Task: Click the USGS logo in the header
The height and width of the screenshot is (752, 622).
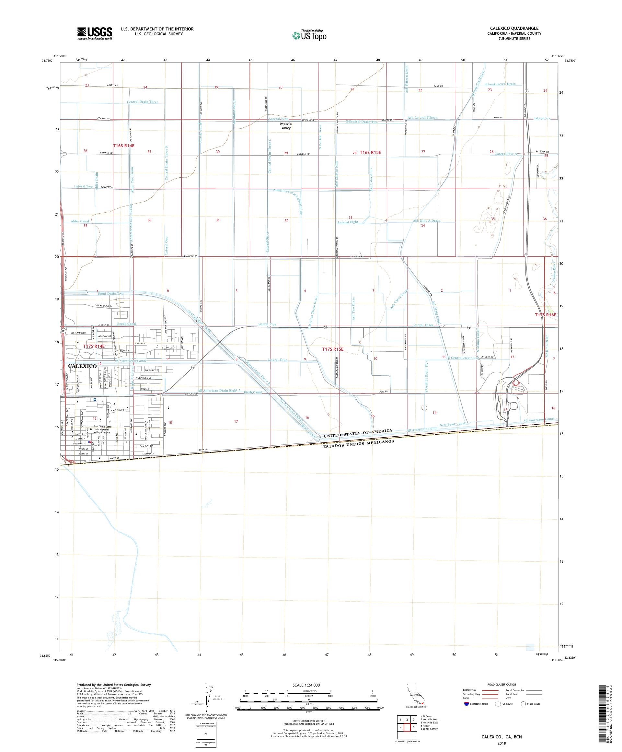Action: point(95,34)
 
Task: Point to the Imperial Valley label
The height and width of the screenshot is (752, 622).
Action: point(286,126)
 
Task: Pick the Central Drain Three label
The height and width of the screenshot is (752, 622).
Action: point(143,102)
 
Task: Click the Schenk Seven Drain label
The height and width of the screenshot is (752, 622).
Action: point(500,84)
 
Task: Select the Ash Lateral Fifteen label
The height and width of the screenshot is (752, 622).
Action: point(422,117)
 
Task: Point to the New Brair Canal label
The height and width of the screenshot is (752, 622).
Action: point(452,424)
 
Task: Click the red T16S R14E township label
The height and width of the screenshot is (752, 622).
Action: point(123,146)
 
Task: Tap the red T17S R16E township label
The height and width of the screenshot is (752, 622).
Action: point(546,315)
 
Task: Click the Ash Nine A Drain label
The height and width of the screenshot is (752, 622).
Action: point(427,221)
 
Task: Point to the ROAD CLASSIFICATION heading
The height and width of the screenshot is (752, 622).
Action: point(501,685)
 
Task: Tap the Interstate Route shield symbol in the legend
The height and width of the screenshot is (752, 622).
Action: point(466,704)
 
